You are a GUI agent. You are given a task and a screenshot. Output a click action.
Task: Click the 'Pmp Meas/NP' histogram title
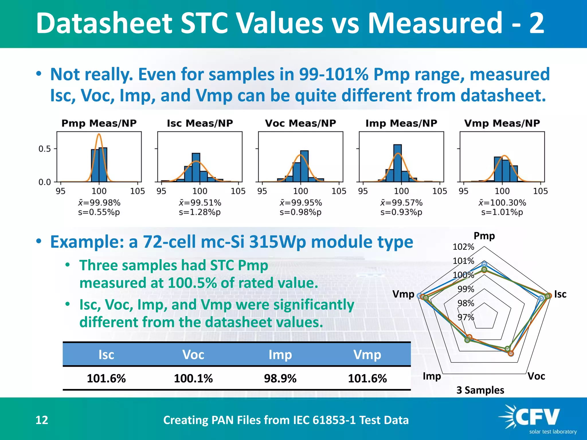coord(99,123)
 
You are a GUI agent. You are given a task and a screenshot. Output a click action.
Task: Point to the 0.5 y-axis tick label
coord(44,149)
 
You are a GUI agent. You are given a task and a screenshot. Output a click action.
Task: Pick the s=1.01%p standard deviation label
coord(502,212)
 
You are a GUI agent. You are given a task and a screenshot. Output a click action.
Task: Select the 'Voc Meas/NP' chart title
coord(300,123)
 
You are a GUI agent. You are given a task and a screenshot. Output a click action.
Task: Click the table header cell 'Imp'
coord(280,355)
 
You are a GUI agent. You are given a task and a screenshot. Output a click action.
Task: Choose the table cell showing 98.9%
coord(280,378)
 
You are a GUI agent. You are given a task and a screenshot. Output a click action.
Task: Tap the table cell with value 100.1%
coord(193,378)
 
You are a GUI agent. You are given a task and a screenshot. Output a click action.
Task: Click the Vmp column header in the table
coord(367,355)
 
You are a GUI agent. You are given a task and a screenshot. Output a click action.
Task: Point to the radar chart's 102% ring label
coord(463,247)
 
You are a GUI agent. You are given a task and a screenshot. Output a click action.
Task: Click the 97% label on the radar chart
coord(465,317)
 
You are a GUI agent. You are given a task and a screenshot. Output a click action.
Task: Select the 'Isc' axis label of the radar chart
coord(560,294)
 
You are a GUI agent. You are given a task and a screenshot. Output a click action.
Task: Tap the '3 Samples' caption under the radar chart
coord(480,390)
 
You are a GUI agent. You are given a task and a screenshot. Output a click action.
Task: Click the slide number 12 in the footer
coord(42,420)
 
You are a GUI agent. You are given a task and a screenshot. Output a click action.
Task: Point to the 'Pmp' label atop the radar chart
coord(484,236)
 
